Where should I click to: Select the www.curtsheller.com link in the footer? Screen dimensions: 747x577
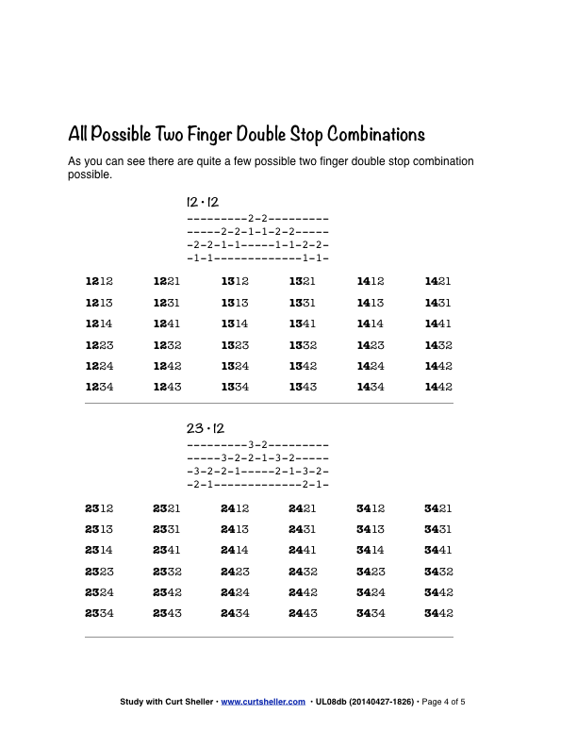pyautogui.click(x=263, y=702)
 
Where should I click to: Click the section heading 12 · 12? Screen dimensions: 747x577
pyautogui.click(x=203, y=203)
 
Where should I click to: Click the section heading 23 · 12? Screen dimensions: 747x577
pyautogui.click(x=205, y=429)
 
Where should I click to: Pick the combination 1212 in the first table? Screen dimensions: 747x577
pyautogui.click(x=99, y=282)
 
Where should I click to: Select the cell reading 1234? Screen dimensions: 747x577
pyautogui.click(x=99, y=387)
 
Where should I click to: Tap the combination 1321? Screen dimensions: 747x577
pyautogui.click(x=303, y=282)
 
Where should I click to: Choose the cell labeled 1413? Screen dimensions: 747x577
pyautogui.click(x=371, y=303)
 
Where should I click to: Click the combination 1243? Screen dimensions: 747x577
pyautogui.click(x=167, y=387)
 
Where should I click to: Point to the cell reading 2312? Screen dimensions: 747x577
pyautogui.click(x=99, y=508)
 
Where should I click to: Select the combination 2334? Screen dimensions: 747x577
pyautogui.click(x=99, y=613)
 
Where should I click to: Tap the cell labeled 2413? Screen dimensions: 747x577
pyautogui.click(x=235, y=529)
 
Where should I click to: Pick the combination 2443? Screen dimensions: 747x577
pyautogui.click(x=303, y=613)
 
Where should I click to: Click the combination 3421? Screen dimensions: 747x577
pyautogui.click(x=438, y=508)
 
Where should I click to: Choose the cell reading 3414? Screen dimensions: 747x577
pyautogui.click(x=371, y=550)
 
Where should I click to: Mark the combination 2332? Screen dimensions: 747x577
pyautogui.click(x=167, y=572)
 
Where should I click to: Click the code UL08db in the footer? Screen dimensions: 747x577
pyautogui.click(x=333, y=702)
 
